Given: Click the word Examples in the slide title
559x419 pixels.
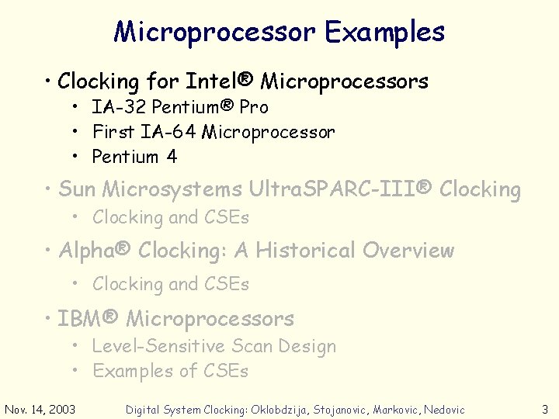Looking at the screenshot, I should tap(384, 32).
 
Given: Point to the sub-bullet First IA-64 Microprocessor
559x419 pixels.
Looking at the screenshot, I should tap(214, 132).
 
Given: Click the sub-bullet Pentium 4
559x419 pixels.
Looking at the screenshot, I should tap(134, 157).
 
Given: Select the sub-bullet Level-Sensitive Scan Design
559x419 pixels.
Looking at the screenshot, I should tap(214, 346).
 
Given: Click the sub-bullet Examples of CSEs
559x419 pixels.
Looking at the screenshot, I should tap(170, 371).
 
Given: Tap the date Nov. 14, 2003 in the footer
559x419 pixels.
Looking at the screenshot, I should tap(40, 409).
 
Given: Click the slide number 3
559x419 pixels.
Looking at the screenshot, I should tap(545, 409).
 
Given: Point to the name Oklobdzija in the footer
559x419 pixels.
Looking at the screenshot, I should tap(277, 410).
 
